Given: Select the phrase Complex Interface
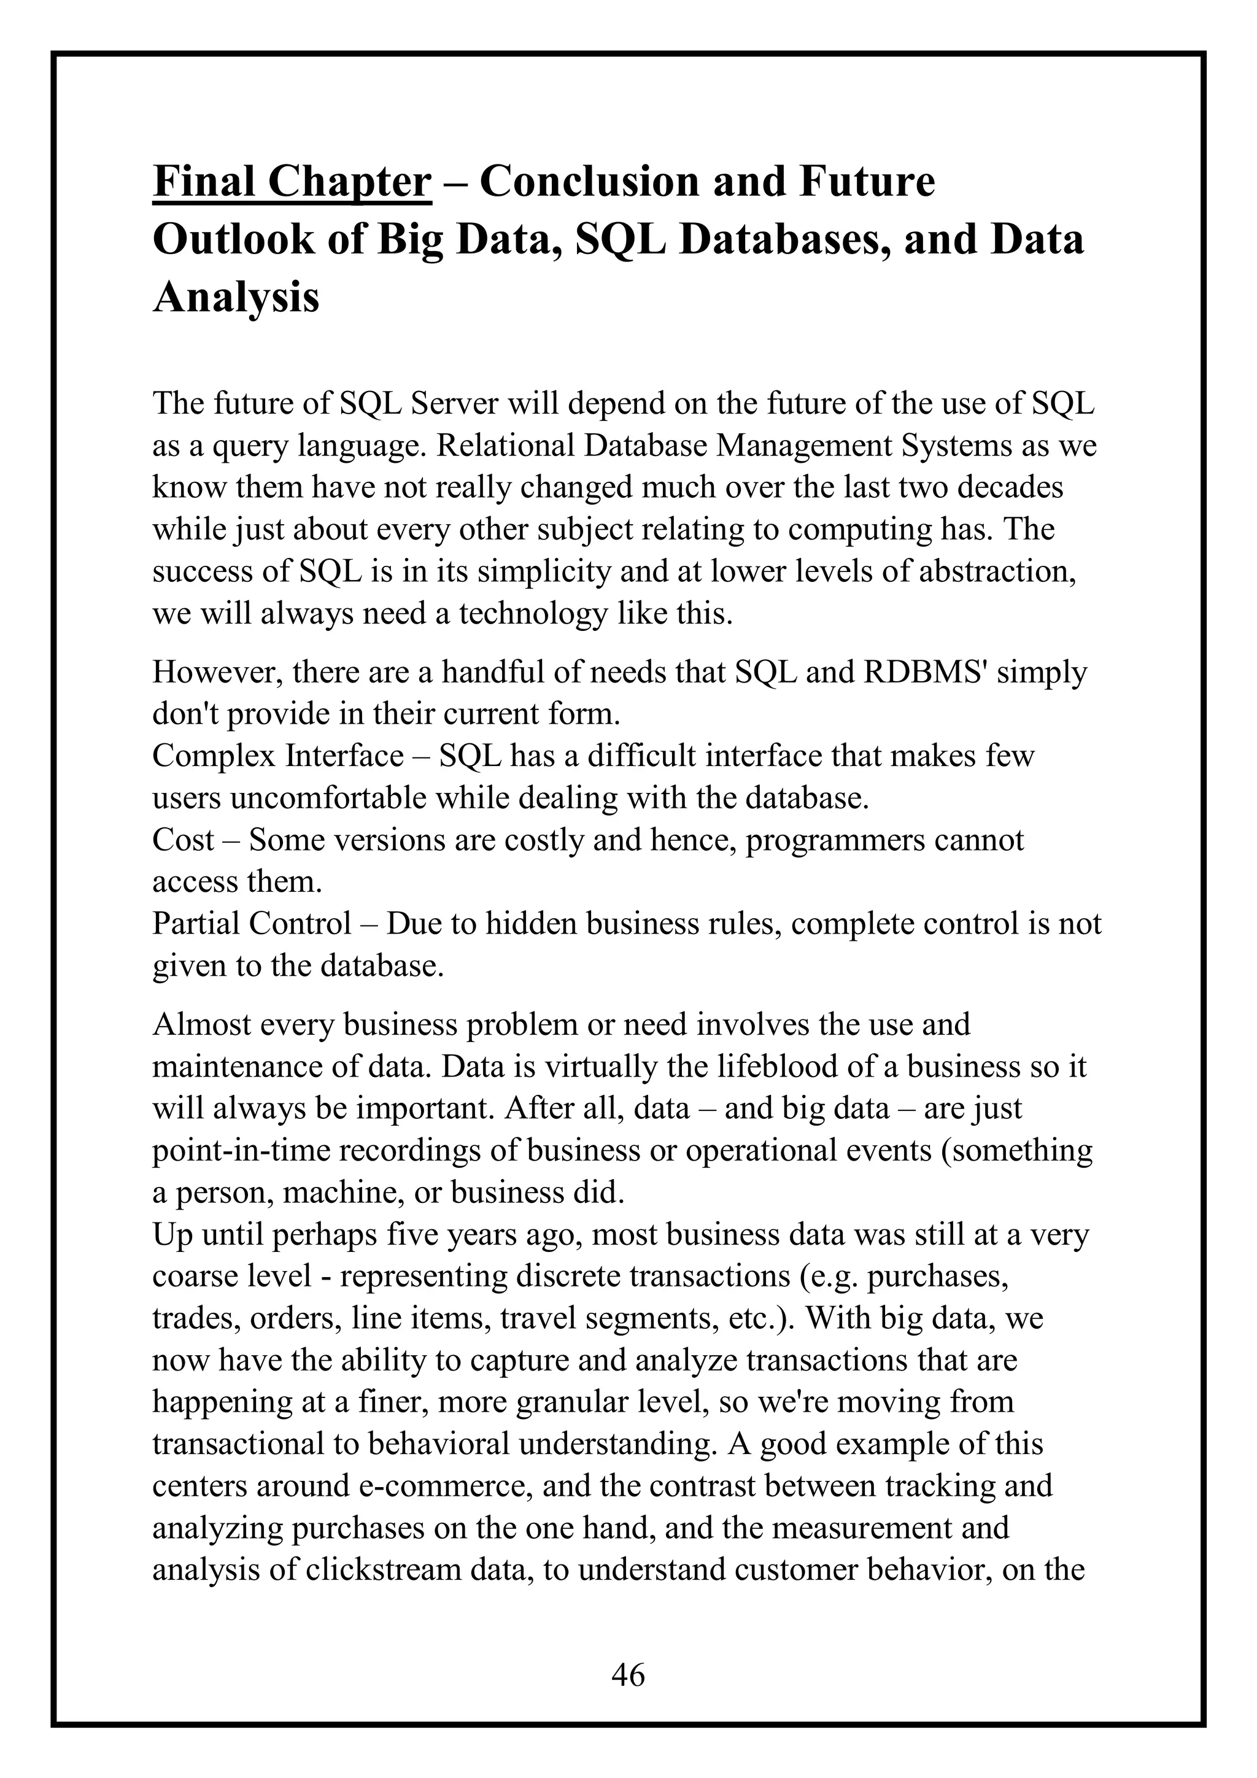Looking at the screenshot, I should (x=277, y=756).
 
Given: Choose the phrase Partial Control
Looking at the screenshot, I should (x=252, y=923).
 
